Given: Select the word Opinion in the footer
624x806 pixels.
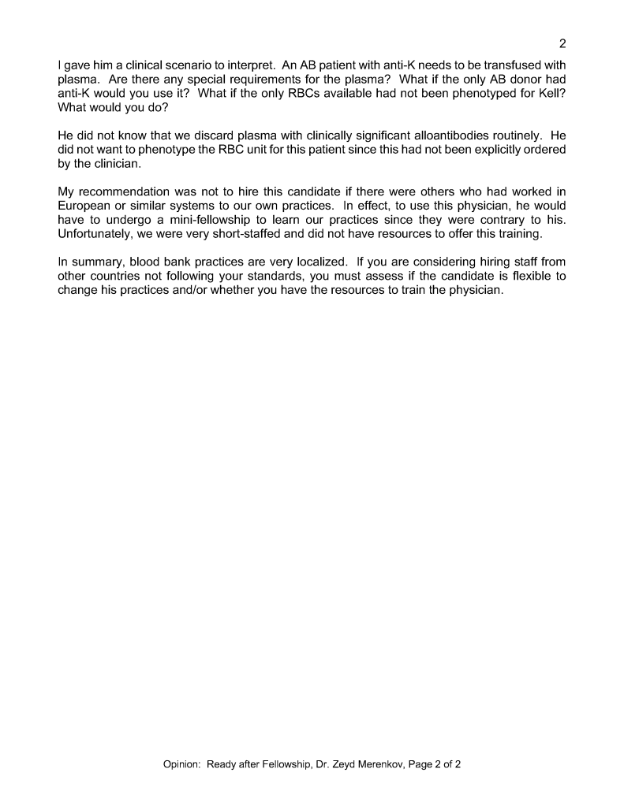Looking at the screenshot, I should (x=181, y=763).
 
